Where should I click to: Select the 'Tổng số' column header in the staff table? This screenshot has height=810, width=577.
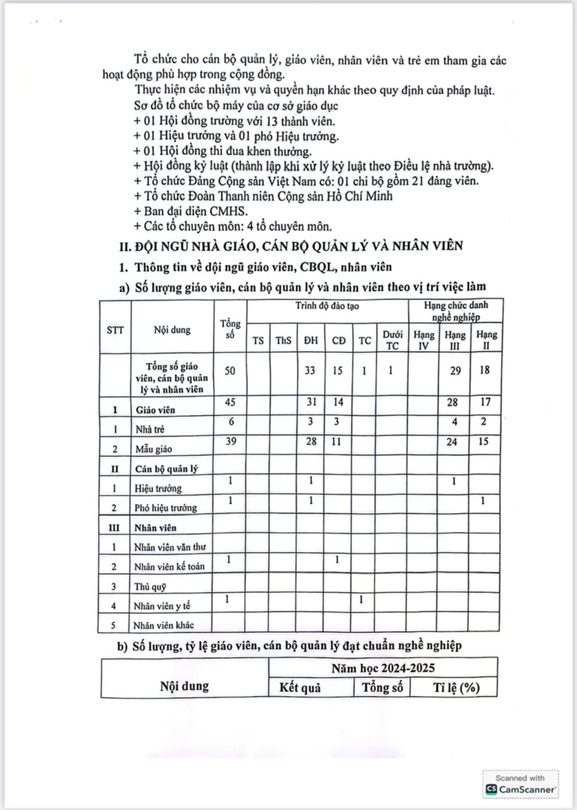[230, 329]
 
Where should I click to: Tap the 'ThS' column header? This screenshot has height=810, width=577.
[283, 340]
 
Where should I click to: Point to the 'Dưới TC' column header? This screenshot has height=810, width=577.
[392, 340]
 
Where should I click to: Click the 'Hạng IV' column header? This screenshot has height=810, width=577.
[424, 340]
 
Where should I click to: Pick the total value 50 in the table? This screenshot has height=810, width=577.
[230, 371]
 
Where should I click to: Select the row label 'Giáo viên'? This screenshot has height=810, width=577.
[155, 410]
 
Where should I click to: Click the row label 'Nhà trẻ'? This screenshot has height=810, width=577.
[150, 429]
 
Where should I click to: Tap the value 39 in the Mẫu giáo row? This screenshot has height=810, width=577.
[230, 442]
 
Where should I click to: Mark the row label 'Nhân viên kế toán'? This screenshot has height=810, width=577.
[169, 566]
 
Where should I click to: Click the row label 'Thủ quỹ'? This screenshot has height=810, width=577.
[150, 586]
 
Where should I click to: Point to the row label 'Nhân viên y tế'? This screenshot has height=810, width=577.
[162, 606]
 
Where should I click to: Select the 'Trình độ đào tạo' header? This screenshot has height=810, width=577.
[327, 306]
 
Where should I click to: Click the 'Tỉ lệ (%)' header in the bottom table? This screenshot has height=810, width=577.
[456, 688]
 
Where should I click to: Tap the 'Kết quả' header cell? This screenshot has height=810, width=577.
[300, 688]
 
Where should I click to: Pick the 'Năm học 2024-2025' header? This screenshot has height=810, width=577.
[383, 668]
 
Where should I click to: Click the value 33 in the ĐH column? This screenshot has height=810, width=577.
[309, 371]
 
